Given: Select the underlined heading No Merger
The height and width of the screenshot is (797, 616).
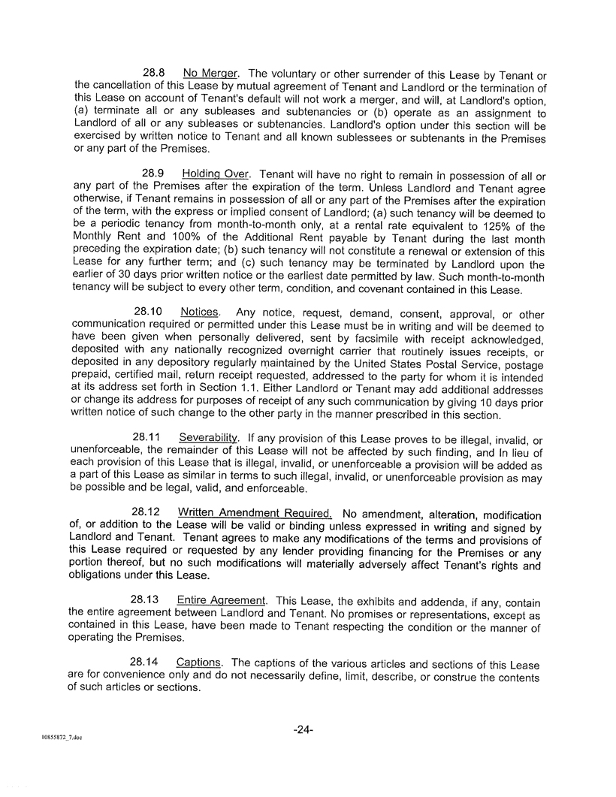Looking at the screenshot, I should tap(210, 73).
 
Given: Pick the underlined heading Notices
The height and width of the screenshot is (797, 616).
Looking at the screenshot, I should tap(200, 311).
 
